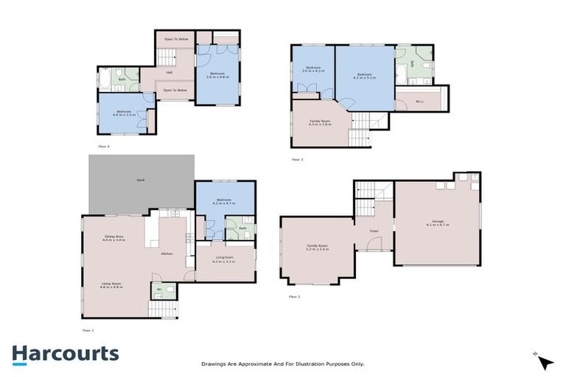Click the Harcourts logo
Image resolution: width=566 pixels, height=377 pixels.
tap(65, 353)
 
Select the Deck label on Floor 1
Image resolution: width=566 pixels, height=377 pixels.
tap(140, 180)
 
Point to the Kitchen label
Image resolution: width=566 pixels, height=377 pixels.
tap(167, 254)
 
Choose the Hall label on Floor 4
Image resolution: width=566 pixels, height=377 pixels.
tap(169, 72)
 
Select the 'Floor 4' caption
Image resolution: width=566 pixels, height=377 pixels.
tap(103, 147)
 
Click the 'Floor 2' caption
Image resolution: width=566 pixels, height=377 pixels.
tap(295, 296)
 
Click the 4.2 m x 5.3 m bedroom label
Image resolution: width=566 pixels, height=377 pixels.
tap(366, 75)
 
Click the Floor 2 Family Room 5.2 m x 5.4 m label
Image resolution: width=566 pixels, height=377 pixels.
tap(318, 248)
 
